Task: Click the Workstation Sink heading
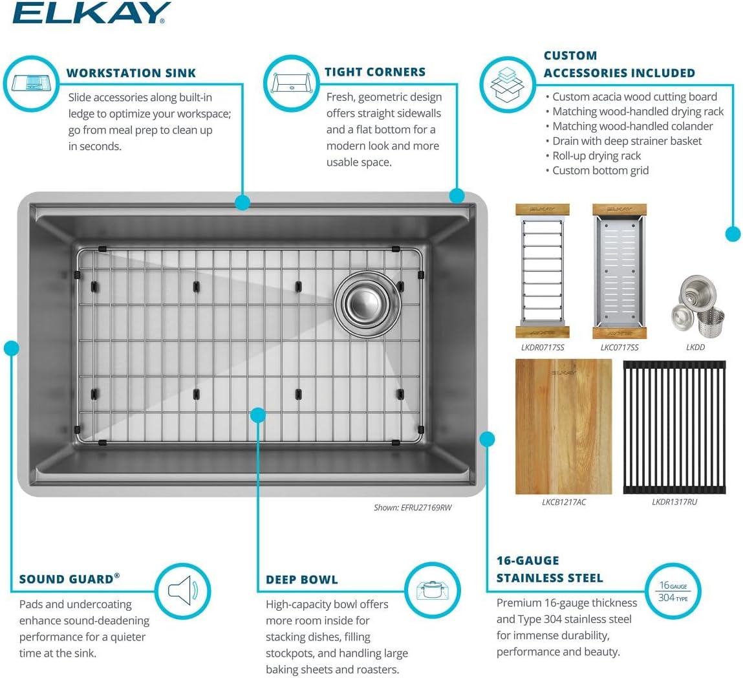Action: coord(131,73)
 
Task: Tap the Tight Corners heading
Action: coord(375,72)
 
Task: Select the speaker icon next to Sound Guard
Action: coord(183,591)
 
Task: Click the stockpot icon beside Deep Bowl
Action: coord(432,590)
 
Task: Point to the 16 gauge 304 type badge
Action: coord(673,591)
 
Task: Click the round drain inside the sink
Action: coord(367,304)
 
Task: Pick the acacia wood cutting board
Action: coord(563,426)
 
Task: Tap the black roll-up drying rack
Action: coord(674,427)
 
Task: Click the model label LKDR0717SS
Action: coord(543,347)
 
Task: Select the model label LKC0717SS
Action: coord(619,347)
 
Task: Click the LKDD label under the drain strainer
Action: coord(695,347)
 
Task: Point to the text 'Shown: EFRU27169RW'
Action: coord(413,508)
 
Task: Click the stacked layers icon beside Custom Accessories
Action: coord(507,85)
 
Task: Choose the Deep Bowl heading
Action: coord(302,580)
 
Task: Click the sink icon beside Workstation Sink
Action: coord(30,84)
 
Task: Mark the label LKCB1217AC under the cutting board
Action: coord(564,502)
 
